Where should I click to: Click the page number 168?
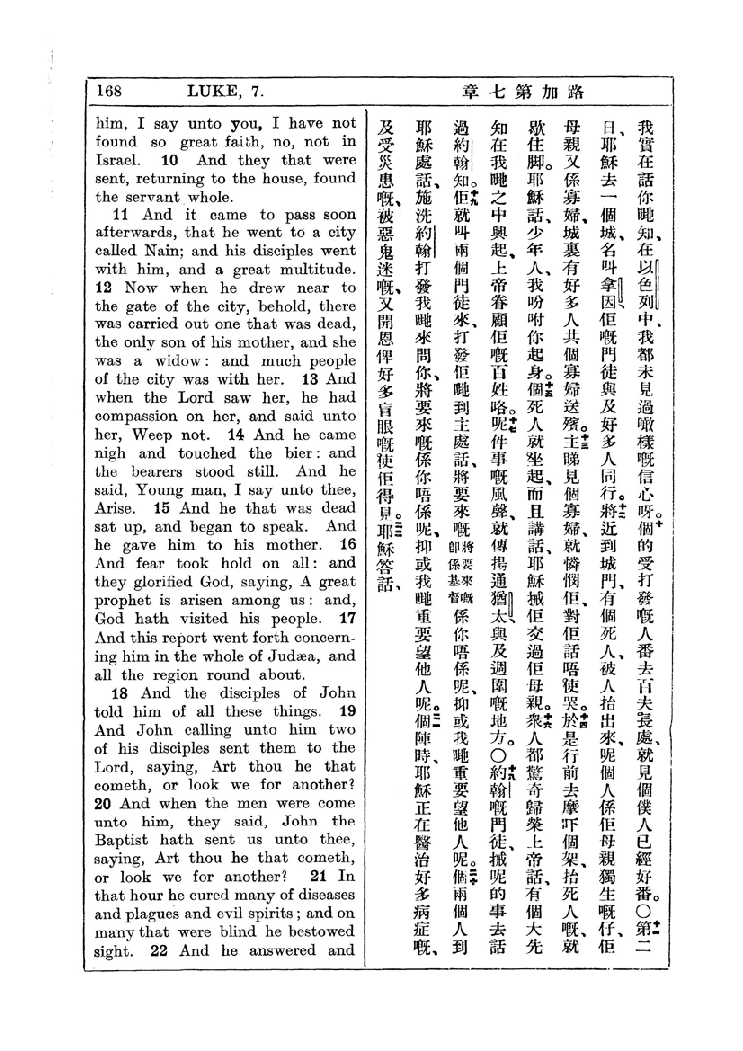click(109, 91)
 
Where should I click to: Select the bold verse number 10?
click(169, 160)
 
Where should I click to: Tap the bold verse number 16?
click(347, 544)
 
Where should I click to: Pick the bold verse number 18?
click(120, 693)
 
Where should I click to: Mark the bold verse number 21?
click(318, 876)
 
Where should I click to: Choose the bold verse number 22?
click(158, 950)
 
